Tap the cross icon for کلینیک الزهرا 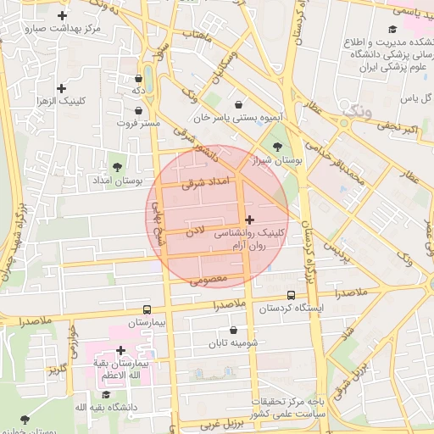point(61,88)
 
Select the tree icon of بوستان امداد point(117,166)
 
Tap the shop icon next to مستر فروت point(138,110)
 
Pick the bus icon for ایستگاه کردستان point(291,296)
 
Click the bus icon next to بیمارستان point(147,310)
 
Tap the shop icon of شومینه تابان point(234,331)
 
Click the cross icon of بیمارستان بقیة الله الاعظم point(120,350)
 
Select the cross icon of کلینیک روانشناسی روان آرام point(248,220)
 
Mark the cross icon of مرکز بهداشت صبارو point(62,16)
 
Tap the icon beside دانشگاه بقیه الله point(107,394)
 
